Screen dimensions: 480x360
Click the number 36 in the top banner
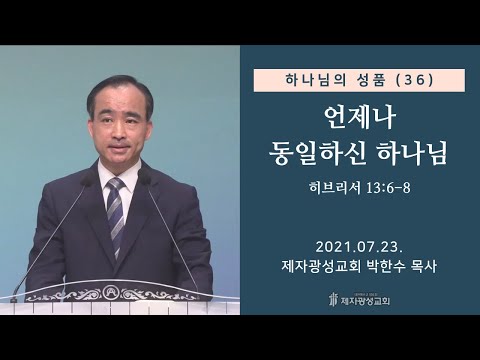(x=415, y=80)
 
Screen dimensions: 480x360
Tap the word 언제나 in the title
(x=360, y=118)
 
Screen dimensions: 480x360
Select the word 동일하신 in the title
(x=316, y=153)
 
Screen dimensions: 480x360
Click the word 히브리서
(x=335, y=188)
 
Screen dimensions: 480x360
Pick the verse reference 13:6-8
(x=388, y=189)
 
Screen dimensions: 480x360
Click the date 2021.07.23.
(x=359, y=247)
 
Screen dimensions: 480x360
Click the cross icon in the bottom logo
(x=332, y=299)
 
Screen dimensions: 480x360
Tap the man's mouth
(x=120, y=146)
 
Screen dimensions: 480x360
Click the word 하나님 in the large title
(x=412, y=153)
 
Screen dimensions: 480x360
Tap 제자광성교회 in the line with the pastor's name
(x=321, y=266)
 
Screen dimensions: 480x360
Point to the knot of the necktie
(x=115, y=184)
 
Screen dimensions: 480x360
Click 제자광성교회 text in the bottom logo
(x=365, y=301)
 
